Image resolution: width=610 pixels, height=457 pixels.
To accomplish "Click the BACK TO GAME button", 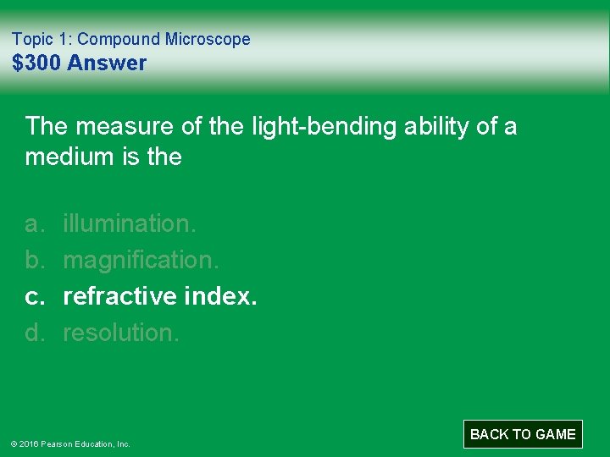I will (x=523, y=434).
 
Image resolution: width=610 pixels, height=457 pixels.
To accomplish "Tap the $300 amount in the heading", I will (x=36, y=63).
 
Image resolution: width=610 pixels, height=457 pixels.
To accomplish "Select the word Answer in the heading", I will (x=107, y=63).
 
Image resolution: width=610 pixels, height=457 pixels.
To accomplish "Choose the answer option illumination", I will (x=130, y=223).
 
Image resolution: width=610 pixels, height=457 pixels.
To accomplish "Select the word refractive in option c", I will (x=119, y=296).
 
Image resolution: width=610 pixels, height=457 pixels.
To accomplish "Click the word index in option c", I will (x=219, y=296).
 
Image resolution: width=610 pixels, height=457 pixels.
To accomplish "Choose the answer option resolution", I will (x=121, y=333).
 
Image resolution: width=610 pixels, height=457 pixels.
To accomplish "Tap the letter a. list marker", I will (x=34, y=223).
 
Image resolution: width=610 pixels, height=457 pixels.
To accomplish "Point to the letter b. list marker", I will (x=34, y=260).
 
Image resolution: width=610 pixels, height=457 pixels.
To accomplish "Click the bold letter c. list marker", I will (x=34, y=296).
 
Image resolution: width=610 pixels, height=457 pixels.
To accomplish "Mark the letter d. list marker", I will (x=34, y=333).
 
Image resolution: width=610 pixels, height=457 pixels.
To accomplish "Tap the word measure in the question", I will (x=119, y=127).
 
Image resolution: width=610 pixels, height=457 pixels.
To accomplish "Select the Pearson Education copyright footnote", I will (x=70, y=443).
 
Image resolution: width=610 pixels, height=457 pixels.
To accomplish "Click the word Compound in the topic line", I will (x=119, y=39).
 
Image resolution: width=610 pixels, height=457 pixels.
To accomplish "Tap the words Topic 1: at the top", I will (x=42, y=39).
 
